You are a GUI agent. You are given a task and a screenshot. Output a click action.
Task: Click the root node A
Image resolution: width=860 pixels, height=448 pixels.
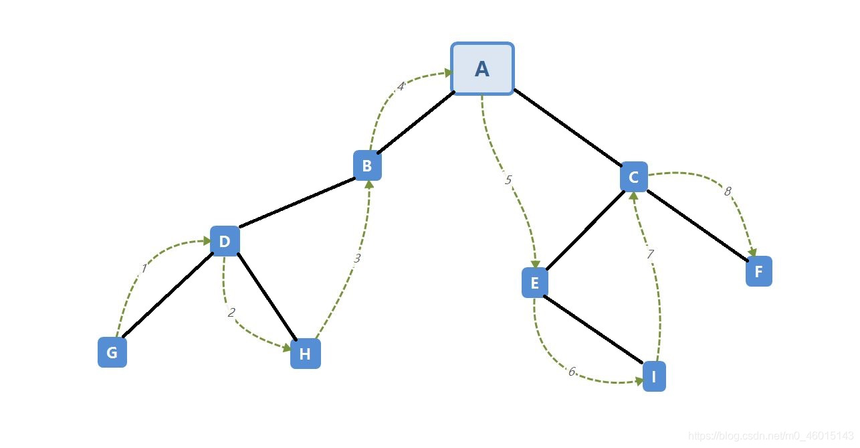click(x=482, y=69)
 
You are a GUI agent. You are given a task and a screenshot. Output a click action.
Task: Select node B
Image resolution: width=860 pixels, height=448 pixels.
click(x=367, y=165)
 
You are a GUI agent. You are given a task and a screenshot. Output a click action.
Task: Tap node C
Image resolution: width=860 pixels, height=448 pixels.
click(x=633, y=177)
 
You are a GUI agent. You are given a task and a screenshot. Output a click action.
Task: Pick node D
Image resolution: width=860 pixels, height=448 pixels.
click(x=225, y=241)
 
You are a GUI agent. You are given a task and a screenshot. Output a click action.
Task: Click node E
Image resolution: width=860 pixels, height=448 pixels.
click(x=534, y=283)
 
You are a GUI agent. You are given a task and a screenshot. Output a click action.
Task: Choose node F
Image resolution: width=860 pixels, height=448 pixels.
click(x=758, y=272)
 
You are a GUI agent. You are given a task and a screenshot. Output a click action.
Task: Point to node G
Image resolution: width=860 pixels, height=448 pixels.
click(x=112, y=352)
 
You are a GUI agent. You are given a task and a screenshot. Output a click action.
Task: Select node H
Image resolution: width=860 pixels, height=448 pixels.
click(x=305, y=354)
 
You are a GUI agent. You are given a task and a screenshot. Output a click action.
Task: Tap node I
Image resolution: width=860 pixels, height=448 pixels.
click(x=654, y=376)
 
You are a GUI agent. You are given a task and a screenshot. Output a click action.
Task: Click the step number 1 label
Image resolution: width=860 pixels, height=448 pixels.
click(x=143, y=269)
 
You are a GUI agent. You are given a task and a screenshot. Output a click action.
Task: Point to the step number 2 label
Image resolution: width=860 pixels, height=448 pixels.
click(x=231, y=312)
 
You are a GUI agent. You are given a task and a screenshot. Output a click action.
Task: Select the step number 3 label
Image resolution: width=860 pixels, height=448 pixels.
click(x=357, y=258)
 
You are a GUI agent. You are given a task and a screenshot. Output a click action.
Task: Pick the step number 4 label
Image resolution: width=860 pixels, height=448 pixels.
click(x=401, y=86)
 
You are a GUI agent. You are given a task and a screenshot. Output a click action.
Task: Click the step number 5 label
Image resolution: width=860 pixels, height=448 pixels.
click(x=508, y=179)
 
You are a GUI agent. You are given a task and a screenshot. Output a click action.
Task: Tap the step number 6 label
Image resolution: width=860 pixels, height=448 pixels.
click(x=572, y=372)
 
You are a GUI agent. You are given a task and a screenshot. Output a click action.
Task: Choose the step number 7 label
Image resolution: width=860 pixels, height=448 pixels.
click(x=649, y=254)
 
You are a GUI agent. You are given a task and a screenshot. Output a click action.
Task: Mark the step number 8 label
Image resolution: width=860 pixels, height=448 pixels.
click(x=728, y=192)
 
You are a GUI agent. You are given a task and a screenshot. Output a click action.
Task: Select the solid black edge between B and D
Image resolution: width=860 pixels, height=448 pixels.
click(x=296, y=202)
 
